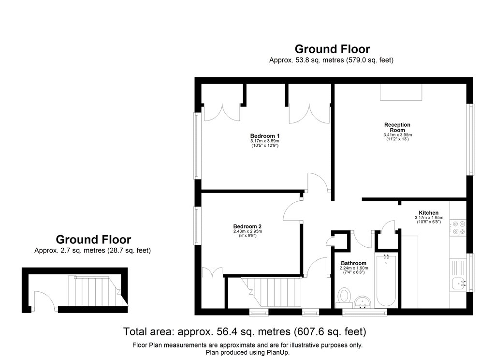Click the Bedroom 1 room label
point(264,135)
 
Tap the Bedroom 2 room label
point(247,226)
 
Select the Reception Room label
point(397,127)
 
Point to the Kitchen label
point(428,213)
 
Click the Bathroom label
point(353,263)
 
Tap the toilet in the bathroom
point(345,296)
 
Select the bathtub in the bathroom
point(386,280)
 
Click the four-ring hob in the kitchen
point(458,227)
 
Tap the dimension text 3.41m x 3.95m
point(397,135)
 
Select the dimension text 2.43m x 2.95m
point(247,231)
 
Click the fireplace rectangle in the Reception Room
point(401,92)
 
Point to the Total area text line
point(245,332)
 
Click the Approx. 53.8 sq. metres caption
point(332,60)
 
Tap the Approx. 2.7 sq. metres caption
point(93,251)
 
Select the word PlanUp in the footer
point(280,353)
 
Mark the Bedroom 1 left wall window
point(197,145)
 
